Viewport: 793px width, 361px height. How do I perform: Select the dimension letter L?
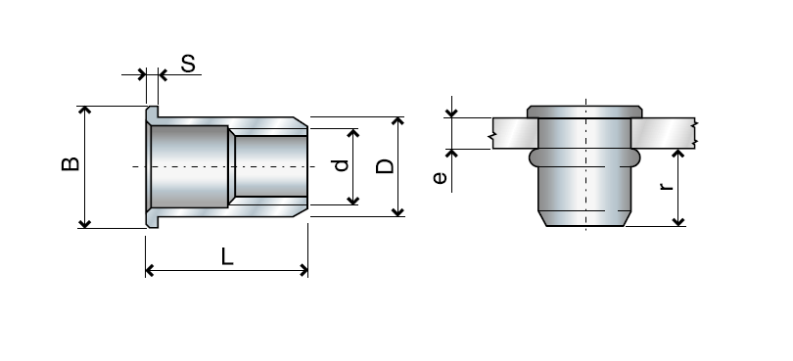click(x=227, y=257)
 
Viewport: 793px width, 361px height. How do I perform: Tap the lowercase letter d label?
click(x=341, y=165)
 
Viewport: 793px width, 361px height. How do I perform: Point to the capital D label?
click(x=386, y=165)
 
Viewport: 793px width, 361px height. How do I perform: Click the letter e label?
click(x=441, y=178)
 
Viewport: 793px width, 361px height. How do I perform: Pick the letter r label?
click(x=667, y=187)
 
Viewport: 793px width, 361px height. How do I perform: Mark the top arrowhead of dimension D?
click(x=397, y=121)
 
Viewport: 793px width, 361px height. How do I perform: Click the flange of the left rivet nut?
click(x=150, y=166)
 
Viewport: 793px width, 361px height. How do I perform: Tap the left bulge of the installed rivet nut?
click(x=534, y=156)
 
